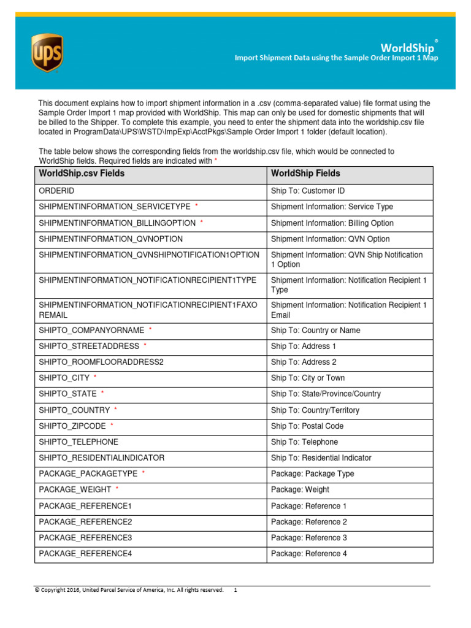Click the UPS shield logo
pos(47,53)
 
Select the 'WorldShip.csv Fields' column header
pos(82,174)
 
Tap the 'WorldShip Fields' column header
pos(305,174)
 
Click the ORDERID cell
pos(56,191)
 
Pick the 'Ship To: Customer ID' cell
pos(307,191)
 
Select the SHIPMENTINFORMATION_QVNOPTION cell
pos(110,239)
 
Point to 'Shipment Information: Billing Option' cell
pos(332,223)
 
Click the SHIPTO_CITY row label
pos(64,378)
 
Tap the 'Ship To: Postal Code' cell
pos(307,426)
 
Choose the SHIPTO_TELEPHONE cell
pos(78,442)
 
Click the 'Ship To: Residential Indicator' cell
pos(321,458)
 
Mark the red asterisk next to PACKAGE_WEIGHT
pos(117,489)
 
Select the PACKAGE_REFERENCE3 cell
pos(85,538)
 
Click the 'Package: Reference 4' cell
pos(308,554)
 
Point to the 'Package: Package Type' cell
pos(312,474)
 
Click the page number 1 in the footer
pos(235,590)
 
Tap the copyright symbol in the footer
pos(37,590)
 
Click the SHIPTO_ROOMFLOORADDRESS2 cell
pos(101,362)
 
